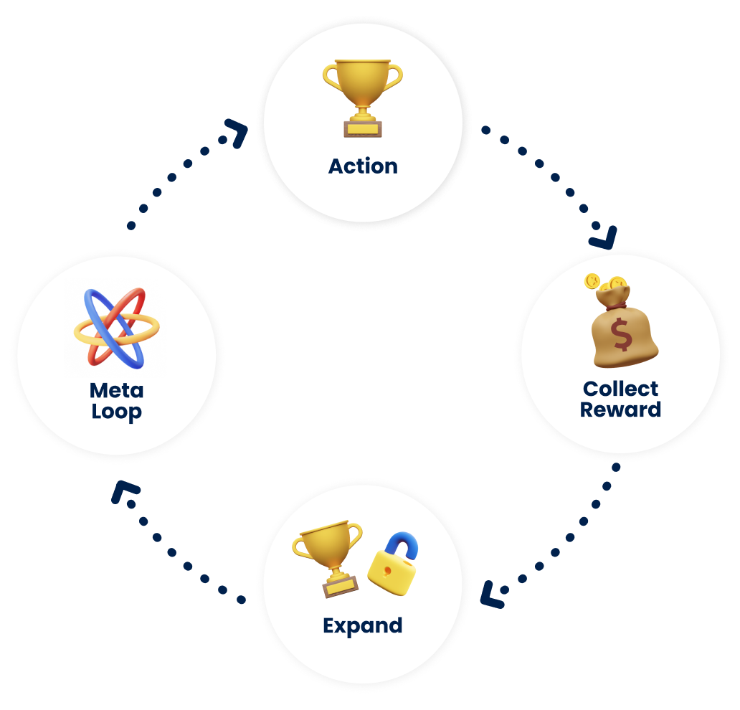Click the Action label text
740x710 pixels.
[x=363, y=166]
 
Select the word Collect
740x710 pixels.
[x=620, y=389]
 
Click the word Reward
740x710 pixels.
[x=620, y=410]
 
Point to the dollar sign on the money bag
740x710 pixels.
[x=622, y=334]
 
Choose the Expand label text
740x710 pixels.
[x=362, y=625]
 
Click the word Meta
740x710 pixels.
[x=116, y=391]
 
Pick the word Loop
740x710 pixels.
[x=116, y=413]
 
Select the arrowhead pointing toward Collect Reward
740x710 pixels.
[x=604, y=237]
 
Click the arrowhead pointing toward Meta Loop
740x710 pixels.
[x=123, y=493]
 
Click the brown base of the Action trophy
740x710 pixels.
[x=363, y=128]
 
